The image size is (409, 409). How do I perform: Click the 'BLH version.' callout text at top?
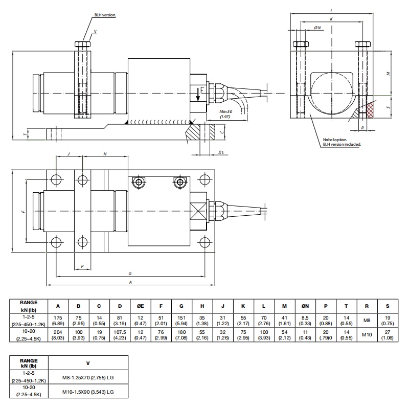click(105, 16)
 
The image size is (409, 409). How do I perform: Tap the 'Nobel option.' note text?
click(335, 140)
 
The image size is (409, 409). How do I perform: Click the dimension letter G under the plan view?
click(131, 274)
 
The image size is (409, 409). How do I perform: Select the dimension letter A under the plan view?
click(131, 282)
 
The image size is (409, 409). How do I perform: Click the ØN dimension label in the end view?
click(317, 28)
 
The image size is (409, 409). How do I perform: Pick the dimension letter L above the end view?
click(332, 10)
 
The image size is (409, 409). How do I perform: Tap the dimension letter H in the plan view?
click(105, 154)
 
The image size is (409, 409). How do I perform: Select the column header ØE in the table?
click(140, 306)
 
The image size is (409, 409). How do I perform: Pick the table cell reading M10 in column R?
click(367, 334)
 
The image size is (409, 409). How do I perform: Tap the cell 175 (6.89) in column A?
click(58, 320)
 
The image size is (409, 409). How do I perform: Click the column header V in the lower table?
click(88, 363)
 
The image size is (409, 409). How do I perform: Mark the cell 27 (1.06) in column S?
click(388, 334)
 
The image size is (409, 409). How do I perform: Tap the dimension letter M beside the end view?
click(389, 73)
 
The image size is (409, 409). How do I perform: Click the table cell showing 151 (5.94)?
click(181, 320)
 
